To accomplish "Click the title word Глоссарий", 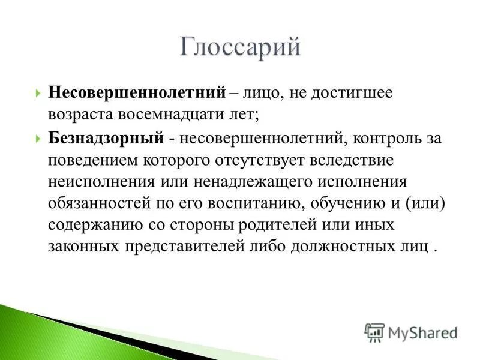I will [239, 47].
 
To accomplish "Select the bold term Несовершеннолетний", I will [136, 94].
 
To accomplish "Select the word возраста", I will [80, 112].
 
